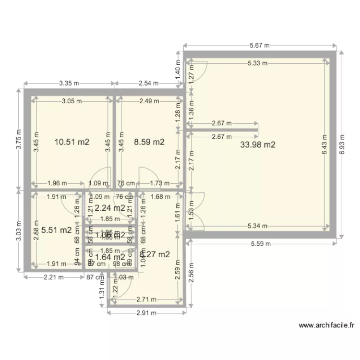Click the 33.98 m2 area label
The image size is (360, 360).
coord(257,144)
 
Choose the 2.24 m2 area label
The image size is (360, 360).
coord(109,208)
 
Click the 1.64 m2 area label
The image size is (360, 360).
coord(110,256)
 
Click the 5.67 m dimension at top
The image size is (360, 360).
coord(260,46)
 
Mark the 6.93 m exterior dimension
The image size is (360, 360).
coord(342,144)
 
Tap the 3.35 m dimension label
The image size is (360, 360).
coord(69,83)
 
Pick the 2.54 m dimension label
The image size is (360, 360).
coord(148,83)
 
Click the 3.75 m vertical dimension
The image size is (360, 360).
coord(19,139)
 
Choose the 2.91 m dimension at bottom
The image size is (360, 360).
coord(147,313)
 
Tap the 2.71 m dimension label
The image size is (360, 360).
coord(147,299)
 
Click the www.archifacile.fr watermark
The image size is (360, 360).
coord(326,325)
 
